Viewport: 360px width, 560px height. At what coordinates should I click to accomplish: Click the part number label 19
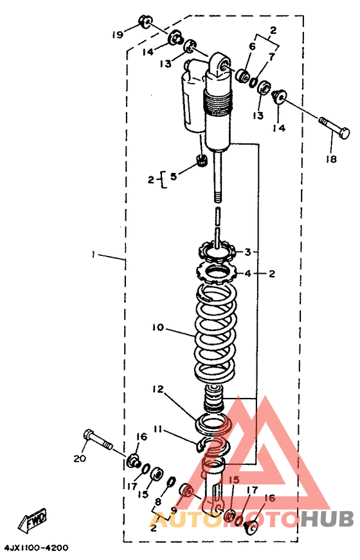(x=118, y=34)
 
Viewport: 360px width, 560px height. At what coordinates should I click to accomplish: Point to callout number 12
(x=158, y=389)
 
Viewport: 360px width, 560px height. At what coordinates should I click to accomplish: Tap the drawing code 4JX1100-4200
(x=36, y=548)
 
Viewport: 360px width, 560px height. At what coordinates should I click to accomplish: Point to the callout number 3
(x=248, y=252)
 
